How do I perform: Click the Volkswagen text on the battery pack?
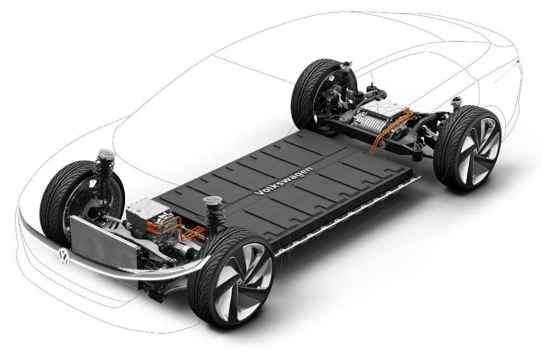coord(283,181)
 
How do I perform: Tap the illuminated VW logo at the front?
coord(63,257)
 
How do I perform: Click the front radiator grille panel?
coord(103,242)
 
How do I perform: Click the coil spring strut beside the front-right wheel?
coord(214,215)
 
